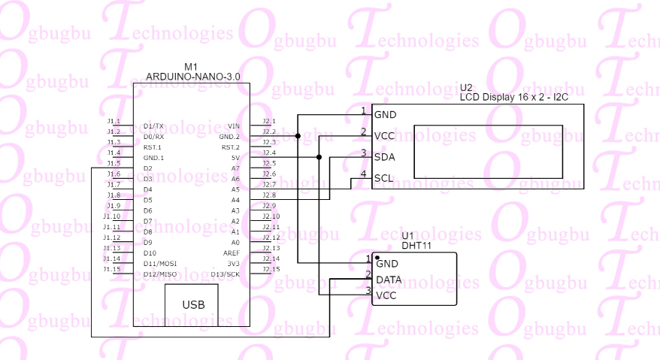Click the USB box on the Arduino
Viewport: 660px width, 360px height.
pos(193,304)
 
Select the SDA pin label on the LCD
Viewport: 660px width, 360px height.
pos(384,156)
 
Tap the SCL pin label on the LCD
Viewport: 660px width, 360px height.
pos(384,178)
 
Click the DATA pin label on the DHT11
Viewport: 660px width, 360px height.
pos(389,280)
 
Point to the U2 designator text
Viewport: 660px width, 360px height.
pos(466,88)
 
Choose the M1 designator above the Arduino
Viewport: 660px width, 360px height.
pos(191,67)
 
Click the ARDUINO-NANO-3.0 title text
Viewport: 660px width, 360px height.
pos(193,77)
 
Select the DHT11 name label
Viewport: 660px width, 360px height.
pos(415,245)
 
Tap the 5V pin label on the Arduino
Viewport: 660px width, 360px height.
pos(235,158)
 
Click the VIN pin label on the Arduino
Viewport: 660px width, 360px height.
pos(234,126)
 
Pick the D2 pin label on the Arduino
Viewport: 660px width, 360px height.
pos(148,168)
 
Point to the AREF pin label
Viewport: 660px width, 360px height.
pos(232,253)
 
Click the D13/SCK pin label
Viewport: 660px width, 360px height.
pos(226,274)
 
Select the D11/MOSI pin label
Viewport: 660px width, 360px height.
pos(159,264)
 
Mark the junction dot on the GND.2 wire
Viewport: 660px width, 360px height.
pos(298,136)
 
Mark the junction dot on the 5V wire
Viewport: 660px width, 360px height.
pos(319,157)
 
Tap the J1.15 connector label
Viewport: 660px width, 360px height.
pos(112,269)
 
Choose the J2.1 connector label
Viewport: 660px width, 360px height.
pos(269,121)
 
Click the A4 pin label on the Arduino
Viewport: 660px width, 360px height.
pos(235,200)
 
